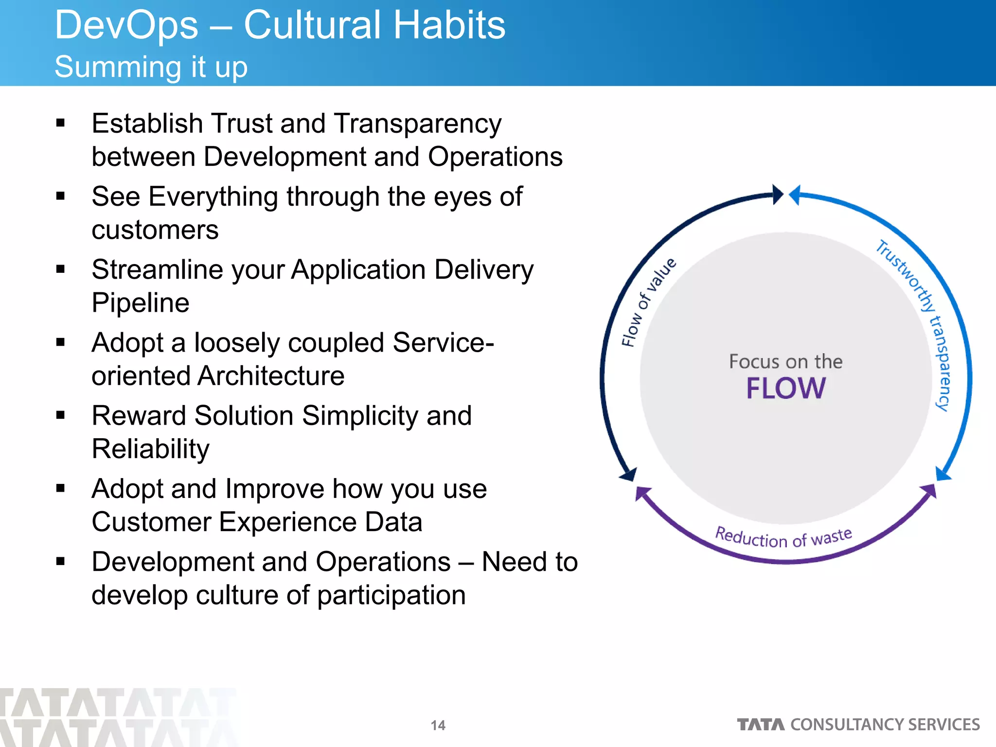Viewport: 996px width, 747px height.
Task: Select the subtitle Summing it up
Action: [151, 67]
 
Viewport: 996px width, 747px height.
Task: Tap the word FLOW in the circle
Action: [786, 388]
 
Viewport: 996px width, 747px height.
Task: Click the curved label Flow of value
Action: [648, 302]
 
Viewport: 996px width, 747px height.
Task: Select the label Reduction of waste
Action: [783, 538]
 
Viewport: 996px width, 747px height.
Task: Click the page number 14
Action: [438, 725]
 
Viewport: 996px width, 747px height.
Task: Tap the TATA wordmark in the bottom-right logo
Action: [761, 725]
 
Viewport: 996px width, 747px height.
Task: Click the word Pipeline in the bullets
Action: [140, 303]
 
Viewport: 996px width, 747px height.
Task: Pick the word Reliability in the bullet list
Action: [150, 449]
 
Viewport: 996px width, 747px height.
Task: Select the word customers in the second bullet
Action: [155, 230]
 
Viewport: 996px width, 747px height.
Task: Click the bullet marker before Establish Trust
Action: [60, 123]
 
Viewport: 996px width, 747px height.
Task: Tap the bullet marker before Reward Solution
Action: [60, 415]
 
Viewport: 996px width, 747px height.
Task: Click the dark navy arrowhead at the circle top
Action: [778, 195]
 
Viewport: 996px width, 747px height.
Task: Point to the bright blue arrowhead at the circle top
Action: [795, 195]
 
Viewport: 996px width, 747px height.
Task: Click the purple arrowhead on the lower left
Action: [642, 493]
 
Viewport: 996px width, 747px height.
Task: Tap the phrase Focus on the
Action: [785, 361]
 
